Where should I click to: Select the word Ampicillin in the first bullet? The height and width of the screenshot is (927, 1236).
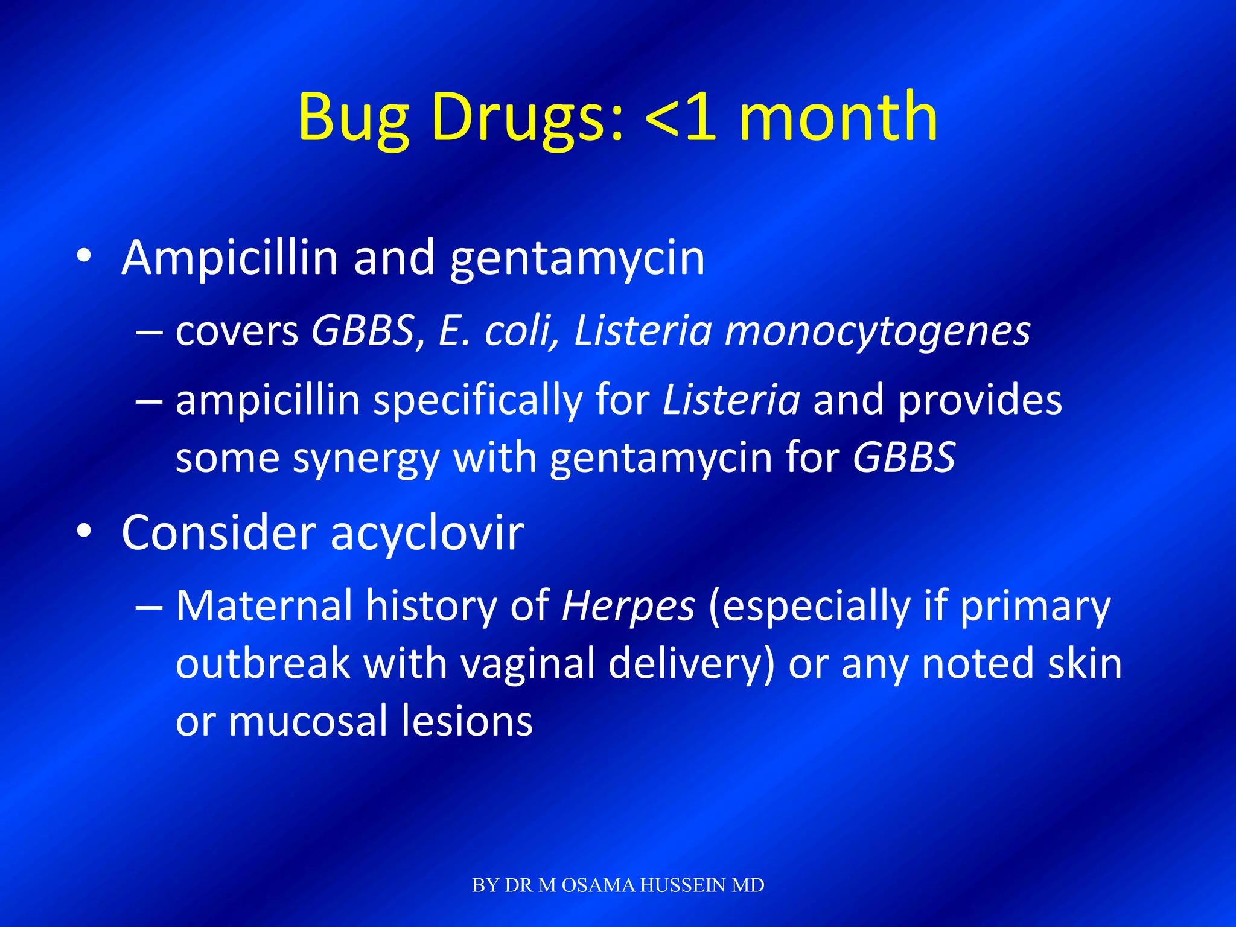229,258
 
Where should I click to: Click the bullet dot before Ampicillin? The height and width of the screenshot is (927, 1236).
84,256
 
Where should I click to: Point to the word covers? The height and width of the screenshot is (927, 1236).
237,332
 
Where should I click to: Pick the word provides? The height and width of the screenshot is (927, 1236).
980,400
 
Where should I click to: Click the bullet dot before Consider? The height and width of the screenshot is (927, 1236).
84,532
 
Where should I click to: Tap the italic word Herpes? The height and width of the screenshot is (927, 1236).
628,606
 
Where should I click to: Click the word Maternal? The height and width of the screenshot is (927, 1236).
264,605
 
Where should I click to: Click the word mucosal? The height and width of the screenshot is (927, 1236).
307,721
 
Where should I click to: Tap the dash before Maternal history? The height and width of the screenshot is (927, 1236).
148,607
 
